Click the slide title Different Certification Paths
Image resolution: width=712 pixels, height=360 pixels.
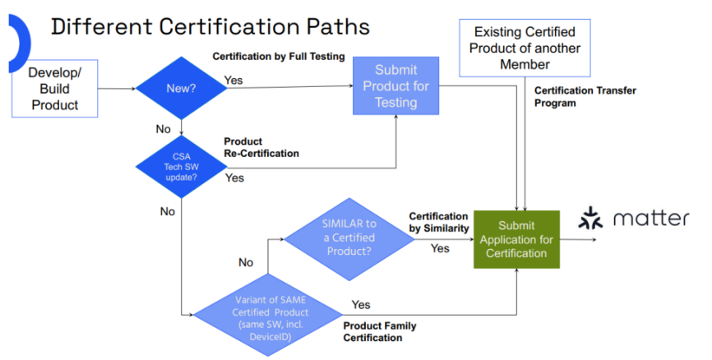point(210,27)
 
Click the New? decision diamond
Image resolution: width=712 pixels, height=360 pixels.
point(181,87)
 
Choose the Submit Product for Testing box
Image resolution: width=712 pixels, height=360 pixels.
point(396,86)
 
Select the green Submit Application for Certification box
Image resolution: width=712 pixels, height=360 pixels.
point(516,239)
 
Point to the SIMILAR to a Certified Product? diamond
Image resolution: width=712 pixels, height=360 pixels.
point(349,239)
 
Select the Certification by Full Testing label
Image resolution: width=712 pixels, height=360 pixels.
point(278,57)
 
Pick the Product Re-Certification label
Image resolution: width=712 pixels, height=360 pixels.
point(261,147)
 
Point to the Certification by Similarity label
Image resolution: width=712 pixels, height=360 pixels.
point(439,222)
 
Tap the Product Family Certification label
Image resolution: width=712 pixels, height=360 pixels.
point(380,332)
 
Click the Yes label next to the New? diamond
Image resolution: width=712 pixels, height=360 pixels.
point(233,81)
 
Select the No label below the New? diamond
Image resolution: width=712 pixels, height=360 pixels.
point(164,130)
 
